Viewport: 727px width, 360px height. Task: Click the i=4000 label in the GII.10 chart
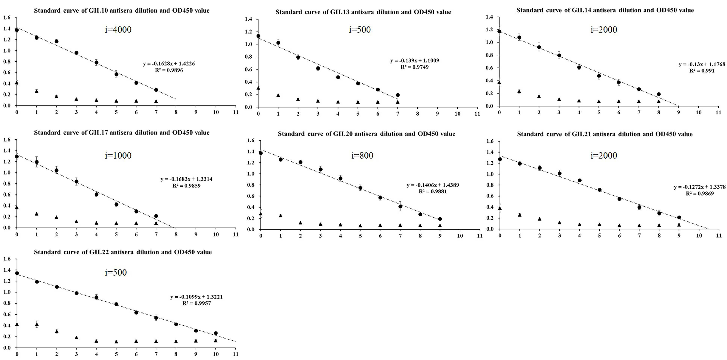click(118, 30)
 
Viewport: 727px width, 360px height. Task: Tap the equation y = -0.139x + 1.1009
click(415, 60)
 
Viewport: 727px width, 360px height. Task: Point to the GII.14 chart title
click(605, 10)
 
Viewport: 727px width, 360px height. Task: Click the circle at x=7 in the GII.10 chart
click(156, 90)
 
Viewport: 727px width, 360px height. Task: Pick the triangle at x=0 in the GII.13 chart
click(258, 88)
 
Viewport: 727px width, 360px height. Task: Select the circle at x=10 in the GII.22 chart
click(216, 333)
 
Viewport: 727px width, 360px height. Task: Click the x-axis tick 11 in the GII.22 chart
click(235, 354)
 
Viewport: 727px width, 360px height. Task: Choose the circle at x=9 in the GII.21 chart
click(679, 217)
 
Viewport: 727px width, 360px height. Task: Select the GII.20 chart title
click(366, 134)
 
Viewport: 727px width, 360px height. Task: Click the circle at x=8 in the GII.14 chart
click(659, 94)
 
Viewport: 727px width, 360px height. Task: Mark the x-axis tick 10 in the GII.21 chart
click(699, 236)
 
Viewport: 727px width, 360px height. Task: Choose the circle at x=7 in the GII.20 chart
click(400, 206)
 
